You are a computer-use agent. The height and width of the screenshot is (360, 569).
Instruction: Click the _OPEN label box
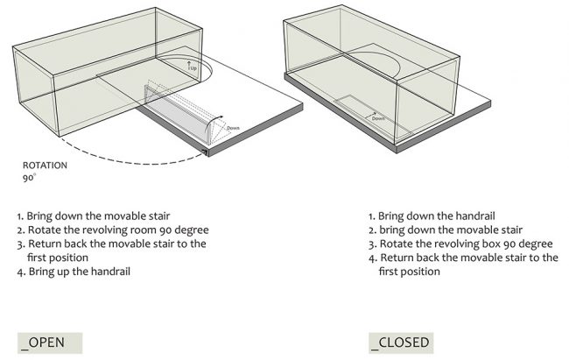point(50,342)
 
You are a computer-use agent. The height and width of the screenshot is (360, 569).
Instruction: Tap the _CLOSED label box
point(401,342)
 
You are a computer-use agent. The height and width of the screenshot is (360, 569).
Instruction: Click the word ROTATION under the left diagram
point(45,166)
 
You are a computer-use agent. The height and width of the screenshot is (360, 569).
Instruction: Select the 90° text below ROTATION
point(29,178)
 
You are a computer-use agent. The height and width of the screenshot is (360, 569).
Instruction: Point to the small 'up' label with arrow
point(192,66)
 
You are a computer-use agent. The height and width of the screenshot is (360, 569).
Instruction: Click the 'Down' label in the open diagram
point(233,128)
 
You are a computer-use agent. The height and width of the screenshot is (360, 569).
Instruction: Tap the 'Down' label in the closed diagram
point(378,118)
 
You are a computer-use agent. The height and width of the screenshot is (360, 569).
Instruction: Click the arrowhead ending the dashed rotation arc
point(206,152)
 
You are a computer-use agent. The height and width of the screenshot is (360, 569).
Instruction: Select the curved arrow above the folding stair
point(214,122)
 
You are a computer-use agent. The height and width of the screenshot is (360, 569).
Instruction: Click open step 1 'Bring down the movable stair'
point(94,216)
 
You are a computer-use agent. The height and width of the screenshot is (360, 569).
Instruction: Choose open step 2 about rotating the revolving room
point(113,230)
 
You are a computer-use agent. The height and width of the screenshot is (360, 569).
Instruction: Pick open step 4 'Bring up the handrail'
point(74,272)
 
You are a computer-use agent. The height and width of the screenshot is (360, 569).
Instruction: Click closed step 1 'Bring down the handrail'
point(432,216)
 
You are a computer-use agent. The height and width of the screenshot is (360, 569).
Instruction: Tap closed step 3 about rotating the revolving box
point(460,244)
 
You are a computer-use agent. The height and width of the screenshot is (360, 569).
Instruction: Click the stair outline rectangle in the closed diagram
point(372,116)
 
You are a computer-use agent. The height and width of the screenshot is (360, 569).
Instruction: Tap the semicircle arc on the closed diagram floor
point(399,66)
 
